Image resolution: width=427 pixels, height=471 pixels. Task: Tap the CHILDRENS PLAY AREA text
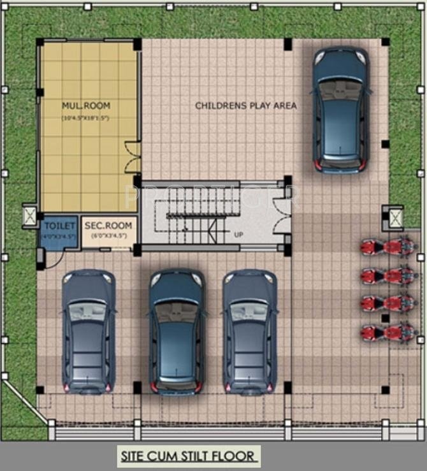click(245, 105)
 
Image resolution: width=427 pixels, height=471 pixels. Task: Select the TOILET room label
click(59, 225)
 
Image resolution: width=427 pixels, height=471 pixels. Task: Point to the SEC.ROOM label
click(108, 225)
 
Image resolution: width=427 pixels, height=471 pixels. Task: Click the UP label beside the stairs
click(238, 235)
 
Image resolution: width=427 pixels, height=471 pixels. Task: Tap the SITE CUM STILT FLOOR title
click(189, 456)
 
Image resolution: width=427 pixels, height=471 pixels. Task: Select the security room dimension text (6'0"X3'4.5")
click(108, 236)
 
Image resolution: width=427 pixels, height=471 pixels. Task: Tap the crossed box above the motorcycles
click(396, 218)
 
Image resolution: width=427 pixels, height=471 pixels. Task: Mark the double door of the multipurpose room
click(133, 157)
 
